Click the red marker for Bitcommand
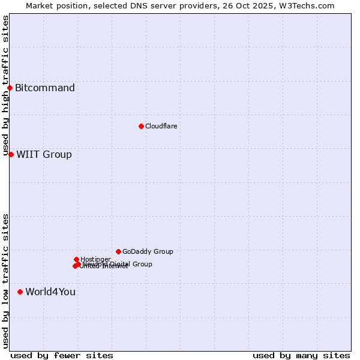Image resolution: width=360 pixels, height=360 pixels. pos(10,88)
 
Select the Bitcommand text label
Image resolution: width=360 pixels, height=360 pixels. pos(45,88)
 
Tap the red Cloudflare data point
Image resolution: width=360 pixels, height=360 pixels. pos(141,126)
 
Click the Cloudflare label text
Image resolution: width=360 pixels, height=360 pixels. pos(161,126)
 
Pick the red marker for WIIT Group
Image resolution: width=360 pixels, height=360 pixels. pos(11,154)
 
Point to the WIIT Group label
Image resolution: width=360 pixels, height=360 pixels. pos(44,155)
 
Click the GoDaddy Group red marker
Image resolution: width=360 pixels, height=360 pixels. pos(118,251)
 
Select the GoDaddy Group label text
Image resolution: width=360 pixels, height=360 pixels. pos(148,251)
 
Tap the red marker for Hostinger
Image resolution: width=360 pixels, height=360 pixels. pos(76,259)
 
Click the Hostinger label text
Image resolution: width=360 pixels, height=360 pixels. pos(95,259)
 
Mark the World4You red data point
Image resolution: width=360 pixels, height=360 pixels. pos(20,292)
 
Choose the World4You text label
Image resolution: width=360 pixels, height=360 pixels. pos(50,292)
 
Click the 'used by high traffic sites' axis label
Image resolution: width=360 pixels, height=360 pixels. pos(6,86)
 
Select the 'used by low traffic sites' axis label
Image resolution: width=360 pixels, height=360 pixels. pos(6,281)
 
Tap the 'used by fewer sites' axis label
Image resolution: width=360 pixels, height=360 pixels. pos(62,355)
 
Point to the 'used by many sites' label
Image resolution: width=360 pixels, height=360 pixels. pos(301,355)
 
